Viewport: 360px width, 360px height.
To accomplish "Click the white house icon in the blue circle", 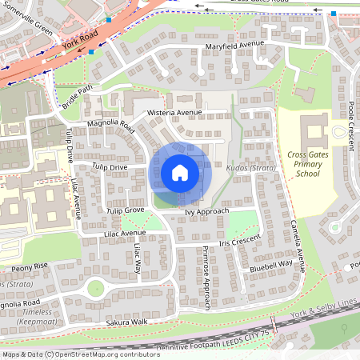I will point(180,173).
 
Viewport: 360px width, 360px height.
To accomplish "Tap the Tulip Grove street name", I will point(126,210).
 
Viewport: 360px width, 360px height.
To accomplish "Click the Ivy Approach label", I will point(206,211).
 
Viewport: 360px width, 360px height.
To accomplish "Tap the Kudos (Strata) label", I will point(252,169).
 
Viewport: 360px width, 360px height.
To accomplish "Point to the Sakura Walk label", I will point(127,322).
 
